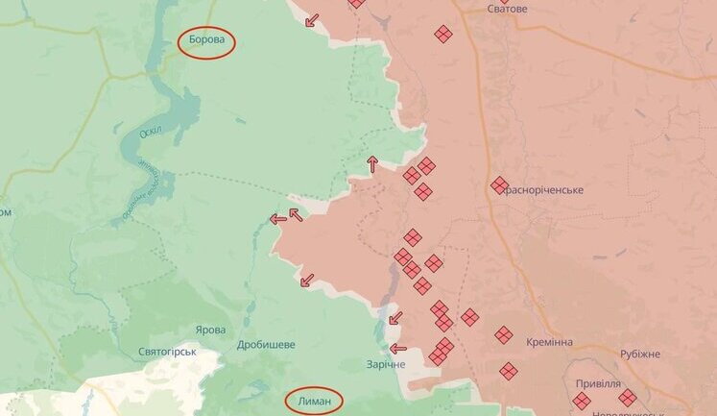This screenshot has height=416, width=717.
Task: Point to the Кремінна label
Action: [x=550, y=342]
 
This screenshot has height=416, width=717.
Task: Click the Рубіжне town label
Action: [x=639, y=354]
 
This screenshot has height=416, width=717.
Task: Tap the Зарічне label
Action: [x=386, y=365]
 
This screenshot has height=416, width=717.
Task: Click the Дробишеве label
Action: [x=266, y=344]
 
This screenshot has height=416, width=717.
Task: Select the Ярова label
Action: [x=210, y=329]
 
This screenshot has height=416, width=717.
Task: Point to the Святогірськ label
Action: [x=167, y=351]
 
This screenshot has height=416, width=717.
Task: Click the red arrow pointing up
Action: [x=372, y=164]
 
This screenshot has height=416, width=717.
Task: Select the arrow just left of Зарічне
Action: [x=397, y=349]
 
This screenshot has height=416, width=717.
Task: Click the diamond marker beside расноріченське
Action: [x=499, y=184]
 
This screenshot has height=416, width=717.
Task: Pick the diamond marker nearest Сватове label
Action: [x=443, y=35]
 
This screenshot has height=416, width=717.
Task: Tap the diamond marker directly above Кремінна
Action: [x=504, y=334]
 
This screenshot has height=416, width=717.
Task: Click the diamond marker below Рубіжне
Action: [x=628, y=397]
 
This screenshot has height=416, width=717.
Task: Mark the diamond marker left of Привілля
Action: [x=582, y=401]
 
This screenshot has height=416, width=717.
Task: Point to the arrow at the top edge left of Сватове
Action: [x=312, y=20]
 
